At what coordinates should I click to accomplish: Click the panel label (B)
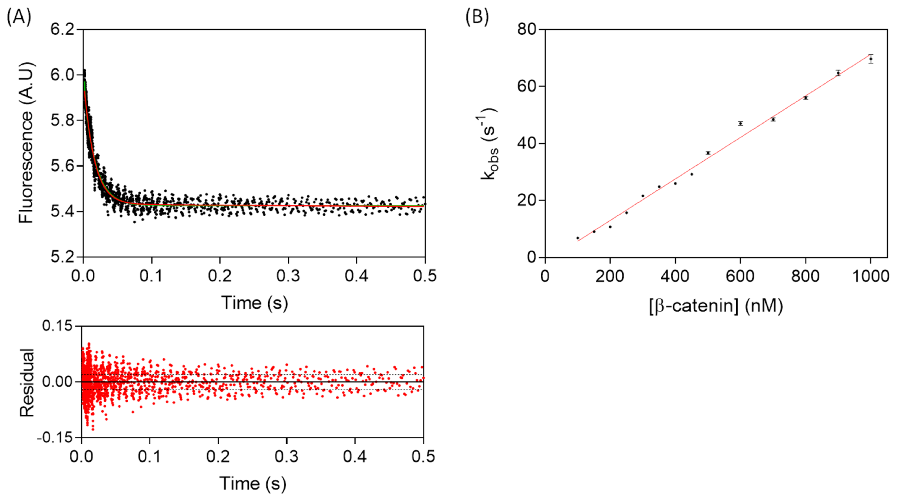477,17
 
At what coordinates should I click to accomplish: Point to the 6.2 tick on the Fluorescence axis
63,29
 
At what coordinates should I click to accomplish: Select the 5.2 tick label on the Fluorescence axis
63,257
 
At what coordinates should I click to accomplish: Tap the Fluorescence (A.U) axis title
26,143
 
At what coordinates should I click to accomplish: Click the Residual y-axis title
27,382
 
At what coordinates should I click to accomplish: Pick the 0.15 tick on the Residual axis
57,326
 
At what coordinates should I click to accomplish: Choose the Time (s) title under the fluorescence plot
255,303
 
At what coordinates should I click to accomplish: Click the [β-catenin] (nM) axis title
716,306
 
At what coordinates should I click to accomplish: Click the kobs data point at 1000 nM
871,59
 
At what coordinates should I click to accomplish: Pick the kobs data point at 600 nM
741,124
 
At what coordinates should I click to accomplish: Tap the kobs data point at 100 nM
578,238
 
